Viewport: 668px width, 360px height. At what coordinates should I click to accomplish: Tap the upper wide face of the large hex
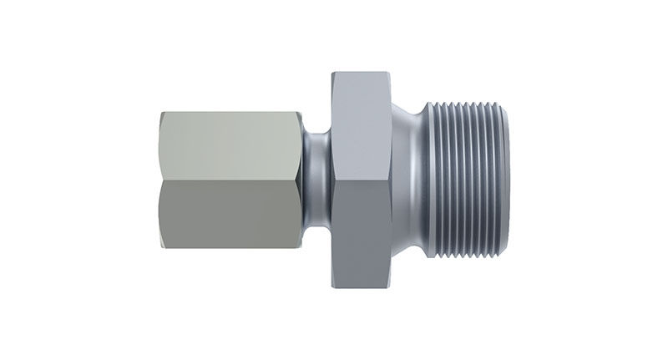point(361,134)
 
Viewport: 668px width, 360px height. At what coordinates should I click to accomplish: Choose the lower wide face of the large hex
point(361,226)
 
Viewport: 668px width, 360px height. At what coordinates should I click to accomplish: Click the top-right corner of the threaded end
point(506,104)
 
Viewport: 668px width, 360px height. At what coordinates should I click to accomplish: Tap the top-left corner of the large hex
point(332,74)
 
